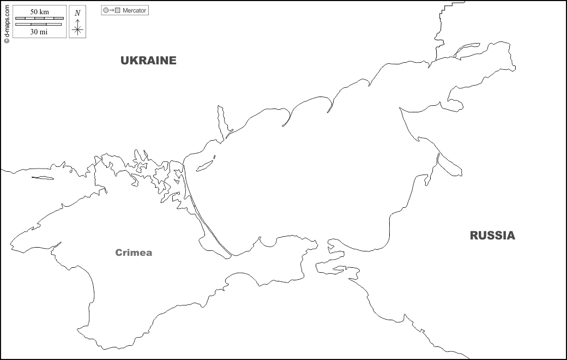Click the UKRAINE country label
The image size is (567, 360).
tap(148, 61)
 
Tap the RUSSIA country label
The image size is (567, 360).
tap(492, 236)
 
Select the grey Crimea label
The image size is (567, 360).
tap(134, 253)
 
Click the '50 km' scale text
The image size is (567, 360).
tap(40, 11)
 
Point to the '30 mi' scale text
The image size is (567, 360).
tap(40, 32)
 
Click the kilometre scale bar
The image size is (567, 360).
tap(40, 19)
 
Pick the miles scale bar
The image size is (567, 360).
tap(40, 25)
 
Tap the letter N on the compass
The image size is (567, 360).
tap(77, 13)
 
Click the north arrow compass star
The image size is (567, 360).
tap(77, 28)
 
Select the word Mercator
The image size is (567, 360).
tap(134, 10)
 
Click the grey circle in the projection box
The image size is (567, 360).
tap(106, 10)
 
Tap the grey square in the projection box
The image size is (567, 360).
tap(117, 10)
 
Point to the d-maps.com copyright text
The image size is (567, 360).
tap(6, 22)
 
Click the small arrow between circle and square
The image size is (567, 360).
tap(111, 10)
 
